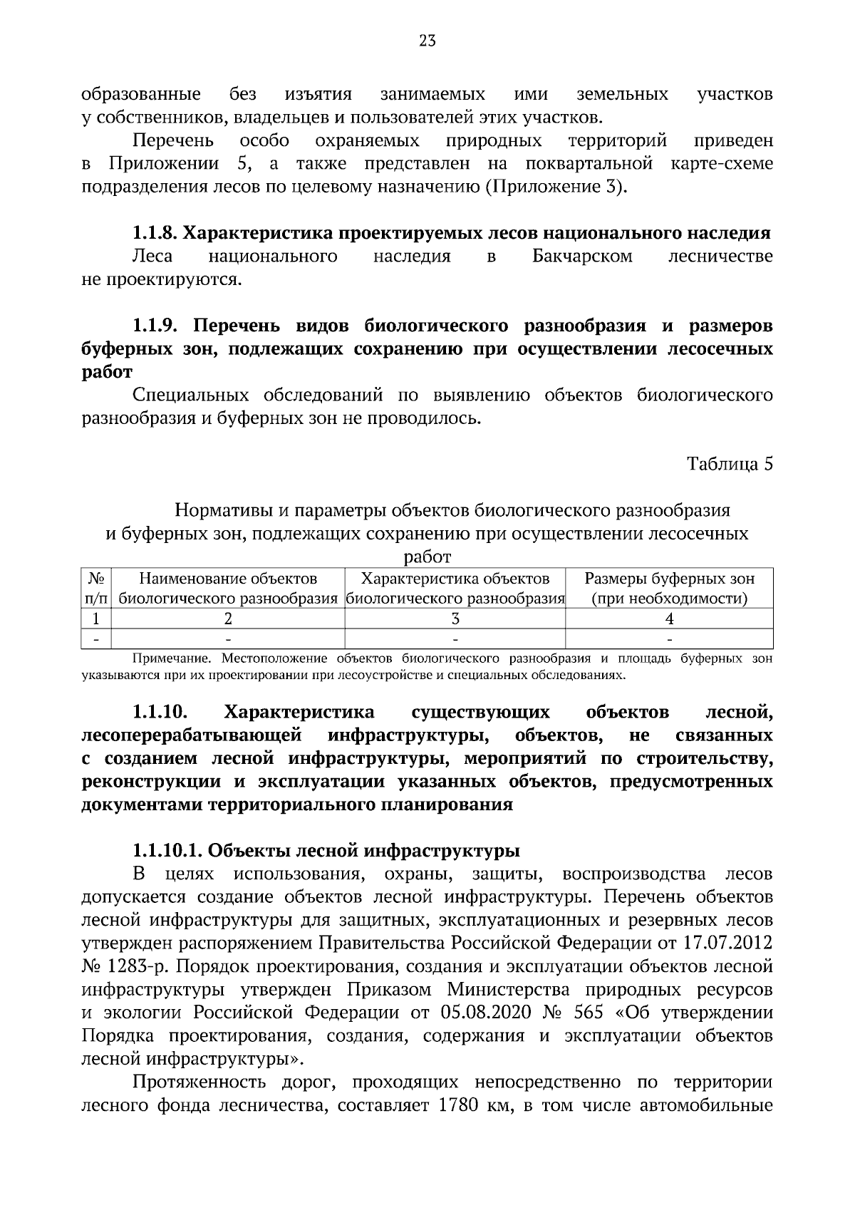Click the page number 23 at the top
coord(427,41)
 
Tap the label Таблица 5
coord(730,464)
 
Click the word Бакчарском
coord(582,257)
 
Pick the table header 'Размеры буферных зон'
coord(669,579)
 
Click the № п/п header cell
coord(97,589)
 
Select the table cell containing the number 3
coord(455,619)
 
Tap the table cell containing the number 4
coord(669,619)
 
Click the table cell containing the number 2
coord(228,619)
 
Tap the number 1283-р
coord(133,967)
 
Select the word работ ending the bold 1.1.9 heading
coord(108,373)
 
